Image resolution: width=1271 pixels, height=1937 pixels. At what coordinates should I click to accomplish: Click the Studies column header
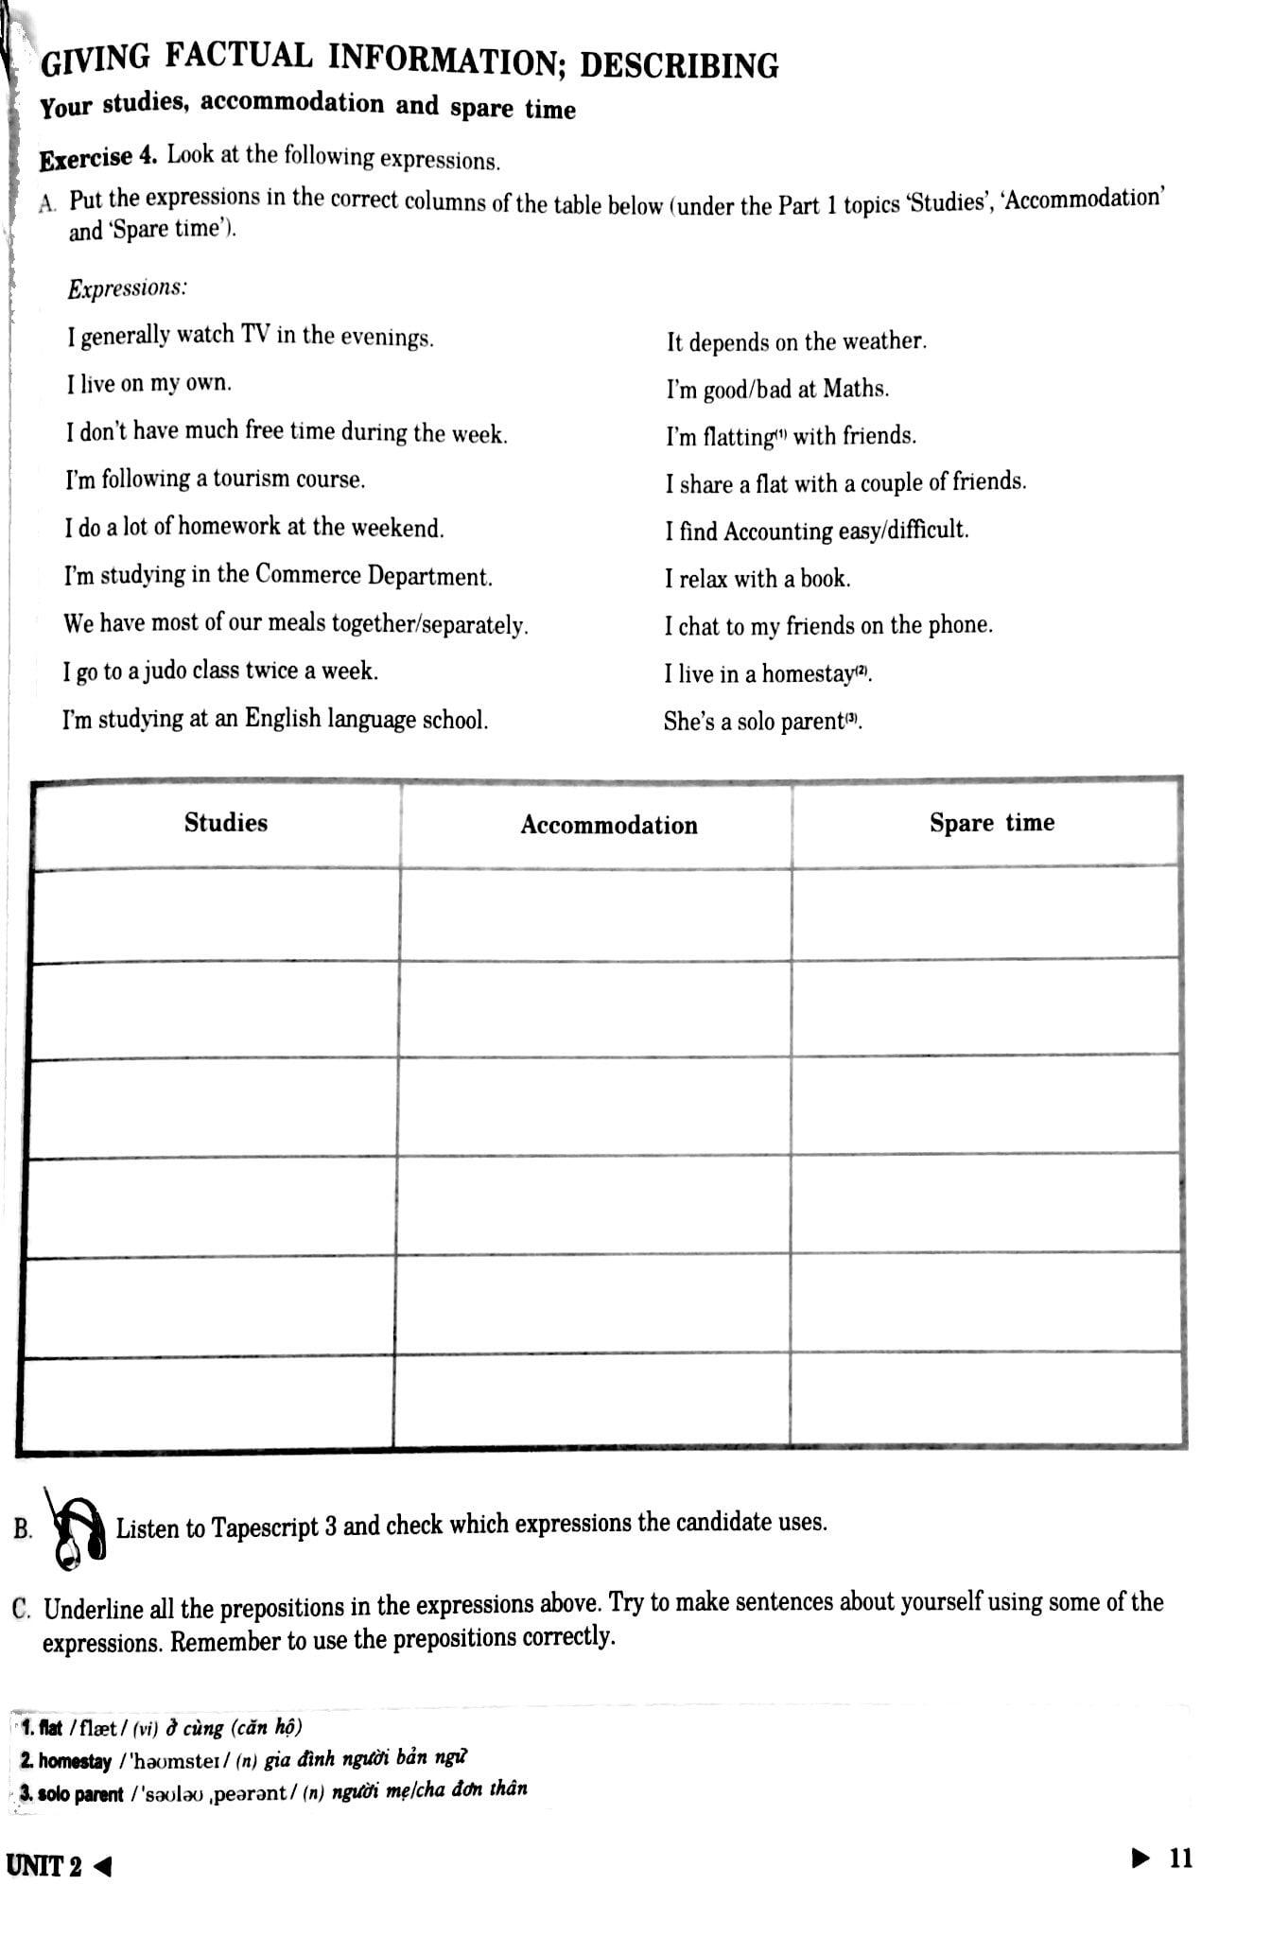(226, 823)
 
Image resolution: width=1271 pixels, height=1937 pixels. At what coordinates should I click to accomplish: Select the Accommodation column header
(609, 826)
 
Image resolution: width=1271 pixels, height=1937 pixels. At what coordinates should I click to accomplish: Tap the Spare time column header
(991, 823)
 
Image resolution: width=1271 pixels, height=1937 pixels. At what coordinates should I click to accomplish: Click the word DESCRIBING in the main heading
(679, 64)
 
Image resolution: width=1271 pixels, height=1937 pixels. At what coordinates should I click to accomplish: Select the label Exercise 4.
(98, 157)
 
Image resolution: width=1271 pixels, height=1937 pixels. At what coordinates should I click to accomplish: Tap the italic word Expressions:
(127, 288)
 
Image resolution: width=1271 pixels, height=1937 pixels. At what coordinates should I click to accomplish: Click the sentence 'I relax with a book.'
(757, 579)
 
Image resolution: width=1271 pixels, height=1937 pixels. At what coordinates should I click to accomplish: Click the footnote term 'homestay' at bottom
(75, 1761)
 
